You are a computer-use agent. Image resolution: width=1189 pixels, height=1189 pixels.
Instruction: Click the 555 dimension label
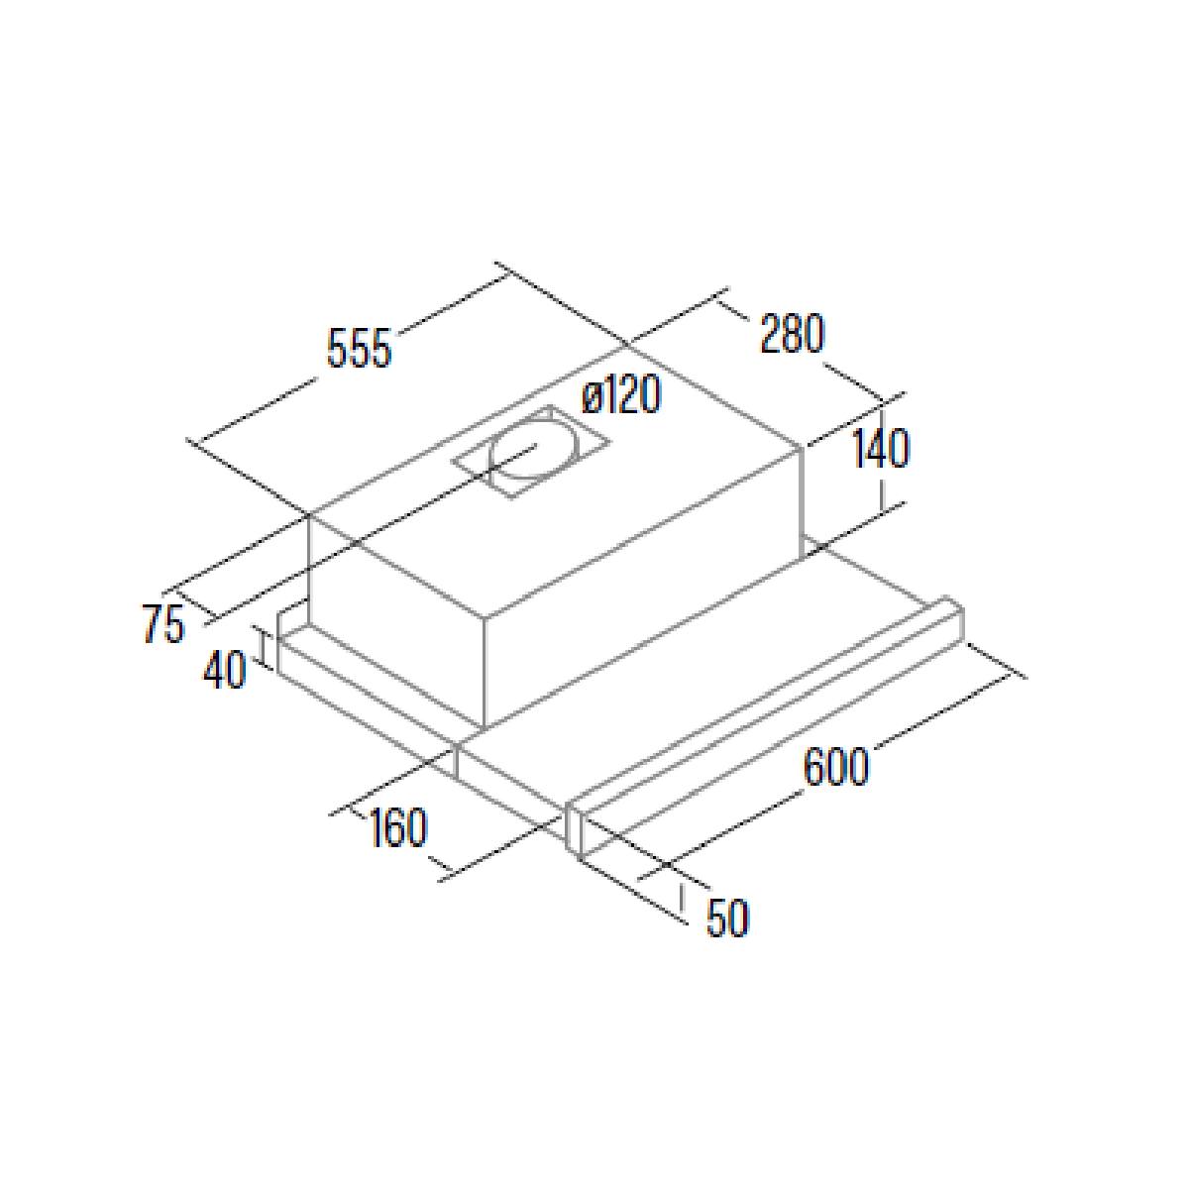click(359, 349)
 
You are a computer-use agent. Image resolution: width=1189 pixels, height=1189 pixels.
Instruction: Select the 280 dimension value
click(792, 334)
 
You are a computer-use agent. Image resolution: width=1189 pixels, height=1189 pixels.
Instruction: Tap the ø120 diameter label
click(621, 394)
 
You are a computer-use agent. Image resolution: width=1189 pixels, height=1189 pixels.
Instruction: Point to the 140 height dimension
click(881, 449)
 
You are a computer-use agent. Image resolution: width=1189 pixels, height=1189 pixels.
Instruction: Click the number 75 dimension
click(164, 624)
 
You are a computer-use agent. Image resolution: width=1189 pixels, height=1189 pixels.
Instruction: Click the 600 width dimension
click(836, 766)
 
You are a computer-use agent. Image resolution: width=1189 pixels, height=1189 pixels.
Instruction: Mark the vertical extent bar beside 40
click(266, 647)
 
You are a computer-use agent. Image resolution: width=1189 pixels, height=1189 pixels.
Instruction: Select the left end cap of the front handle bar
click(575, 830)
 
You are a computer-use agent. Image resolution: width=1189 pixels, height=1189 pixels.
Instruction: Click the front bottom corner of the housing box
click(485, 728)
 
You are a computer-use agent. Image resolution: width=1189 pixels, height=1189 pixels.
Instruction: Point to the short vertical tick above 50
click(683, 897)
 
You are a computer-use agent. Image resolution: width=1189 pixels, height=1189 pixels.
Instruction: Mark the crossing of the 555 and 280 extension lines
click(625, 347)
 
